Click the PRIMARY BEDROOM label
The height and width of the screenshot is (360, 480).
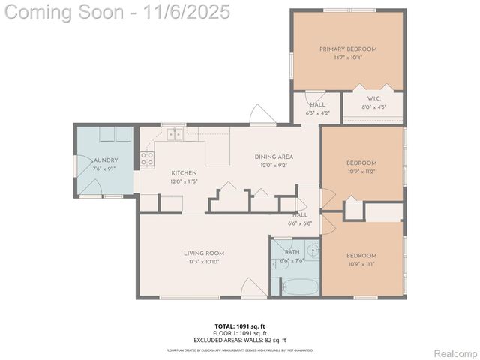347,49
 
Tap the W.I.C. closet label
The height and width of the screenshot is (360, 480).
373,99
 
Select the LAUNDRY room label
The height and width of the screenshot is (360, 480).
104,160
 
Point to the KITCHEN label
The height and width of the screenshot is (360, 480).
184,173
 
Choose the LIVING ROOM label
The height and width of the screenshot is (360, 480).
204,253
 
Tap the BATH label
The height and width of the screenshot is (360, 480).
292,253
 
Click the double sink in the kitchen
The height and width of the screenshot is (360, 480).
175,134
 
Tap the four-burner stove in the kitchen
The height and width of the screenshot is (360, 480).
147,159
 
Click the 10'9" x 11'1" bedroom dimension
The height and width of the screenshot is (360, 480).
361,263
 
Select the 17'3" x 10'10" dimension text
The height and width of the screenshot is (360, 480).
204,262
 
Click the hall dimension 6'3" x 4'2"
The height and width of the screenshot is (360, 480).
317,112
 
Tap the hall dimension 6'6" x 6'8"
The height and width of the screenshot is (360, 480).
299,223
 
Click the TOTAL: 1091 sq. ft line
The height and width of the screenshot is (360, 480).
240,326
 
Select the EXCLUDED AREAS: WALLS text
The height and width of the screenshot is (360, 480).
240,340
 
